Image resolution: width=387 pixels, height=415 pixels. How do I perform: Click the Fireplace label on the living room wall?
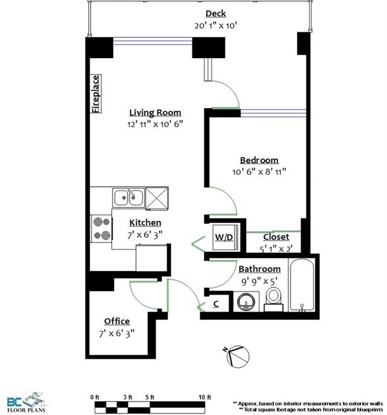coord(96,94)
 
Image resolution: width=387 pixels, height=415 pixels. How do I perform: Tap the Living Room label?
coord(155,113)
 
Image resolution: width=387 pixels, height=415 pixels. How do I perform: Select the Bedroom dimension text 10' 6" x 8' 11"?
coord(259,172)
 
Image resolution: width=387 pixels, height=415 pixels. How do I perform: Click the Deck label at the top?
coord(216,13)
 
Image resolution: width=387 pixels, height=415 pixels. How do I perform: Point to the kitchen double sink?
coord(129,197)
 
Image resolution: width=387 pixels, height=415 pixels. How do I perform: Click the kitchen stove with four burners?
coord(102,228)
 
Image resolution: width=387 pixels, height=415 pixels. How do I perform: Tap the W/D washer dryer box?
coord(225,237)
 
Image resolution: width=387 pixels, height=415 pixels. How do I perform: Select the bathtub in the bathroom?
coord(302,284)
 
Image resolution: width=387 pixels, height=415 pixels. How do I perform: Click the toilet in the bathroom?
coord(274,299)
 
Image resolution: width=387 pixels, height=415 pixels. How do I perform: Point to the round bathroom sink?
coord(246,302)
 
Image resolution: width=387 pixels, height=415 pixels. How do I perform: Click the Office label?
coord(117,321)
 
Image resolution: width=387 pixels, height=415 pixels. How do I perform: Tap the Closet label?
coord(276,237)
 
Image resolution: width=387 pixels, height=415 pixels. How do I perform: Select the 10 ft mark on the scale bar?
coord(205,397)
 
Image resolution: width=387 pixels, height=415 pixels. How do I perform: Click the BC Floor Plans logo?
coord(25,402)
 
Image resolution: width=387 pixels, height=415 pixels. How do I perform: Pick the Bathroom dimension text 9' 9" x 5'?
coord(259,281)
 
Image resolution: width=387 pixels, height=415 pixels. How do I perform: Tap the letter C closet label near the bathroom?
coord(216,304)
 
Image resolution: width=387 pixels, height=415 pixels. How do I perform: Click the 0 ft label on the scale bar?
coord(94,397)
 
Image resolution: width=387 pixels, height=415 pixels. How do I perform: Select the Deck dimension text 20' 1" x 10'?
coord(216,25)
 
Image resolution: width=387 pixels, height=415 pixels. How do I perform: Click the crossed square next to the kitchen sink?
coord(157,198)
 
